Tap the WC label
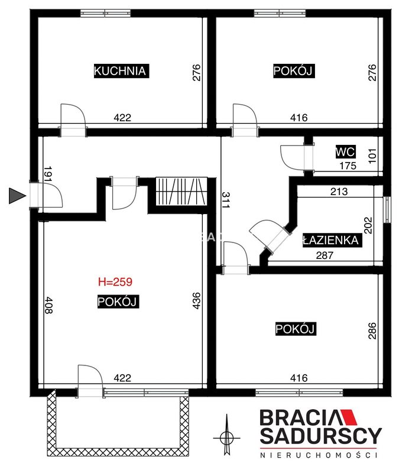pos(345,152)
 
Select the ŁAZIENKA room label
pos(332,240)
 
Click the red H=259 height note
pos(115,282)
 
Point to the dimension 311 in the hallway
pos(226,200)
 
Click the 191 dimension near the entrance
pos(48,174)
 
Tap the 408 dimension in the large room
pos(48,305)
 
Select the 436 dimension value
pos(196,300)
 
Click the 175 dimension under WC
pos(348,166)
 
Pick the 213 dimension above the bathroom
pos(339,192)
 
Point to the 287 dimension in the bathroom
pos(324,255)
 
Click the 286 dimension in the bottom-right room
pos(372,331)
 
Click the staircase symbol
pos(181,191)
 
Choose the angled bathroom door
pos(268,235)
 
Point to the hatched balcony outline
pos(118,452)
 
